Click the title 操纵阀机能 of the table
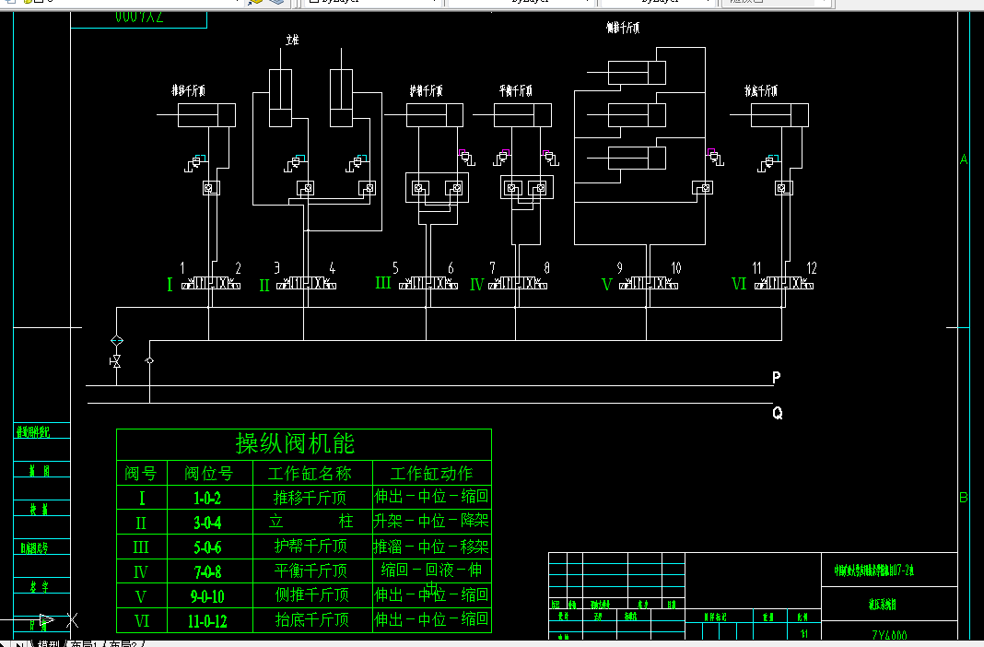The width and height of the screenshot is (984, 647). (x=295, y=443)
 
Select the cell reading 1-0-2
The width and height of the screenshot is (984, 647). (x=207, y=499)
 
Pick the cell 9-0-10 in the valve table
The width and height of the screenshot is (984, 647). (x=207, y=596)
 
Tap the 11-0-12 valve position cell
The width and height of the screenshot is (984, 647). (x=207, y=621)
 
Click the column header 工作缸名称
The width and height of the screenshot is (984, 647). (x=310, y=474)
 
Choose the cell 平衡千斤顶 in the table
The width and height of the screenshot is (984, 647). (x=311, y=571)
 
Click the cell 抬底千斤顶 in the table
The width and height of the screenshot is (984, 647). (x=311, y=621)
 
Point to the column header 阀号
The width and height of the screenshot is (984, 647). (x=141, y=474)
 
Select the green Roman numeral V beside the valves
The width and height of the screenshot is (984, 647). (x=606, y=285)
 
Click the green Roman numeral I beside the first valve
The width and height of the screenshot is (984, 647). (x=170, y=285)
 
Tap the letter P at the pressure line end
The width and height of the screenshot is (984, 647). (x=777, y=378)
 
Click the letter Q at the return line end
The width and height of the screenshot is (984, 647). (x=778, y=414)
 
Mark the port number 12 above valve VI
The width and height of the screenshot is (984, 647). (x=812, y=268)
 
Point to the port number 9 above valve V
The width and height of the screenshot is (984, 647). (x=619, y=268)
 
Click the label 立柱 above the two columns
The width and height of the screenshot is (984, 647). (x=293, y=41)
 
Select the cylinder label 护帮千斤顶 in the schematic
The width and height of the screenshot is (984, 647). (x=427, y=91)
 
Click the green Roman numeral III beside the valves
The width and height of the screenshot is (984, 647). (x=383, y=284)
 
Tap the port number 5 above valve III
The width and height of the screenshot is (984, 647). (x=395, y=268)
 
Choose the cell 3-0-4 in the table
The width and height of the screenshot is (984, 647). (x=207, y=523)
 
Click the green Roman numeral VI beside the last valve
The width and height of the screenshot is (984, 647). (x=738, y=284)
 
